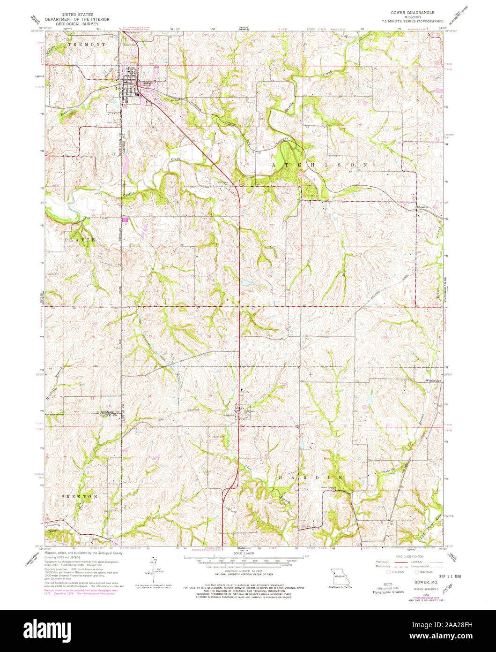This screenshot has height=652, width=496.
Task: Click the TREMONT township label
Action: (x=87, y=44)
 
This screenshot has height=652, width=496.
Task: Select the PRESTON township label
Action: (x=79, y=496)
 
